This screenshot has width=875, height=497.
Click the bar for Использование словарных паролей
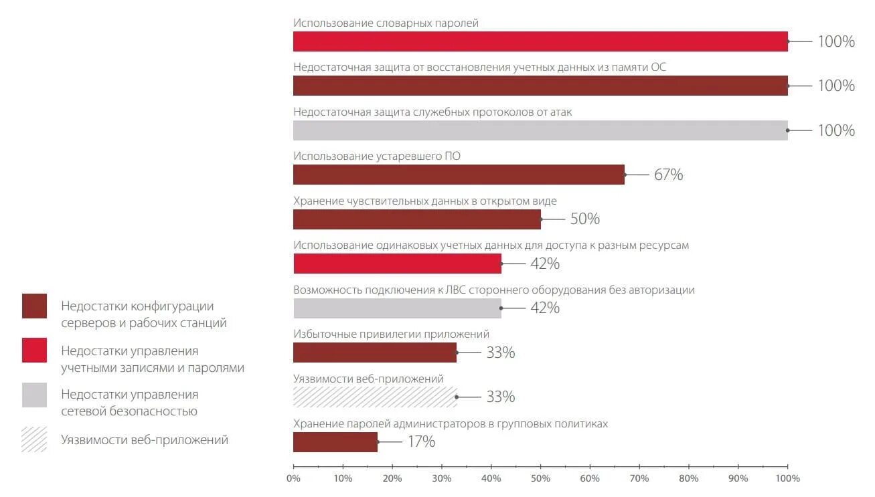(x=540, y=41)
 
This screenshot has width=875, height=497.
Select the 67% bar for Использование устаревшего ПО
(x=459, y=175)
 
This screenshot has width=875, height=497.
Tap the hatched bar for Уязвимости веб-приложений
(x=375, y=397)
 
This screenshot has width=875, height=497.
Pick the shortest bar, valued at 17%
(x=335, y=442)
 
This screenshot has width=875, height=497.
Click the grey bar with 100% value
(x=540, y=130)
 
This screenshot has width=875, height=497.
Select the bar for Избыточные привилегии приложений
(x=375, y=353)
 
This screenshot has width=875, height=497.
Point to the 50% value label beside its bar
(x=584, y=219)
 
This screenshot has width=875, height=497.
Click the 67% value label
(x=668, y=175)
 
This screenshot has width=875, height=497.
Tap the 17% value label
(x=421, y=441)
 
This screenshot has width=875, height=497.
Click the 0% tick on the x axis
(x=293, y=478)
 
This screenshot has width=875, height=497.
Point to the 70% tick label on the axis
(x=639, y=478)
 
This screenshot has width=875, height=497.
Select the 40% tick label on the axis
(x=491, y=478)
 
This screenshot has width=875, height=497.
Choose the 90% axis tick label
(x=738, y=478)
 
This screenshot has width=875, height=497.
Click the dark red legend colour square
(x=34, y=306)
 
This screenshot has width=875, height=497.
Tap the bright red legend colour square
(x=34, y=351)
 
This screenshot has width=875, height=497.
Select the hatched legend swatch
(x=34, y=439)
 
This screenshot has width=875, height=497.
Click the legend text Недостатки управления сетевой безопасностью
(x=129, y=403)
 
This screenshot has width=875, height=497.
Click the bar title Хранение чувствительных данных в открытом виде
(x=425, y=201)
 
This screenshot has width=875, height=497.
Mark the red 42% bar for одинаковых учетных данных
(x=397, y=264)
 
